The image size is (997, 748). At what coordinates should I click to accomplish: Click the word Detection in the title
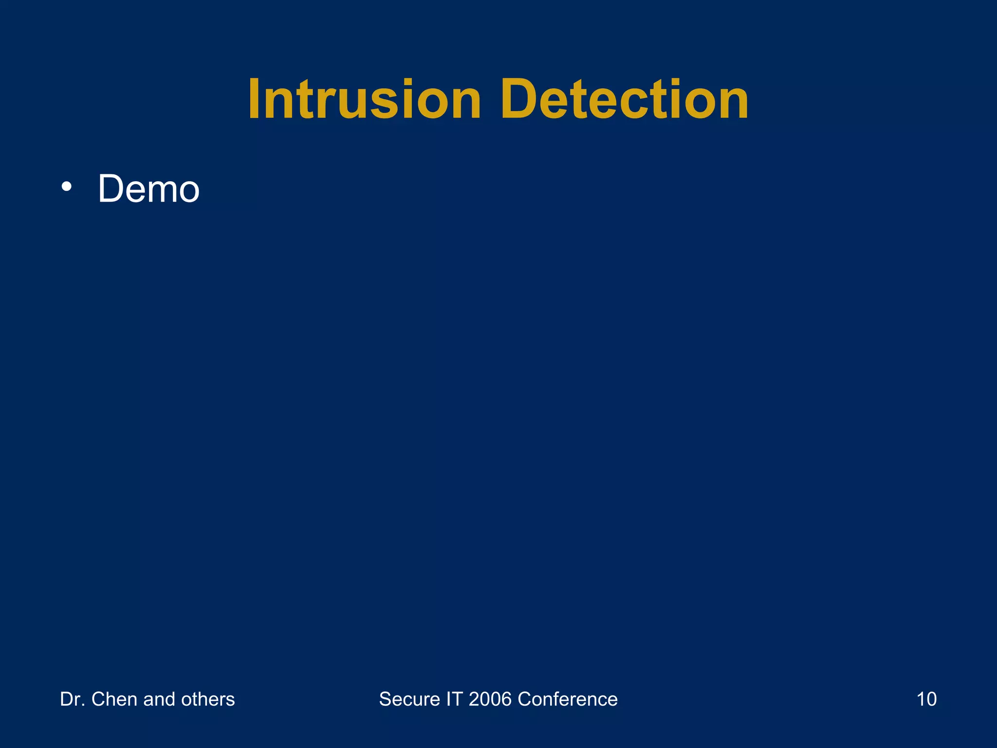point(625,100)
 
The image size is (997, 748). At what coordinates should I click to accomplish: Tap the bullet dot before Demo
point(67,187)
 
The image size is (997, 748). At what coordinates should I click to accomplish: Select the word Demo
point(148,189)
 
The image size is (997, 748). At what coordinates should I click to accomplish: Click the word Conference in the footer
point(568,699)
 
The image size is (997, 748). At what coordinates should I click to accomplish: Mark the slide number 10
point(926,699)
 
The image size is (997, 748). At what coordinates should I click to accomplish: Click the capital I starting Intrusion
point(255,100)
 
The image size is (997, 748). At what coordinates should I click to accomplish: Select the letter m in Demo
point(161,191)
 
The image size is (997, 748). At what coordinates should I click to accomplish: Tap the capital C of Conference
point(526,699)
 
